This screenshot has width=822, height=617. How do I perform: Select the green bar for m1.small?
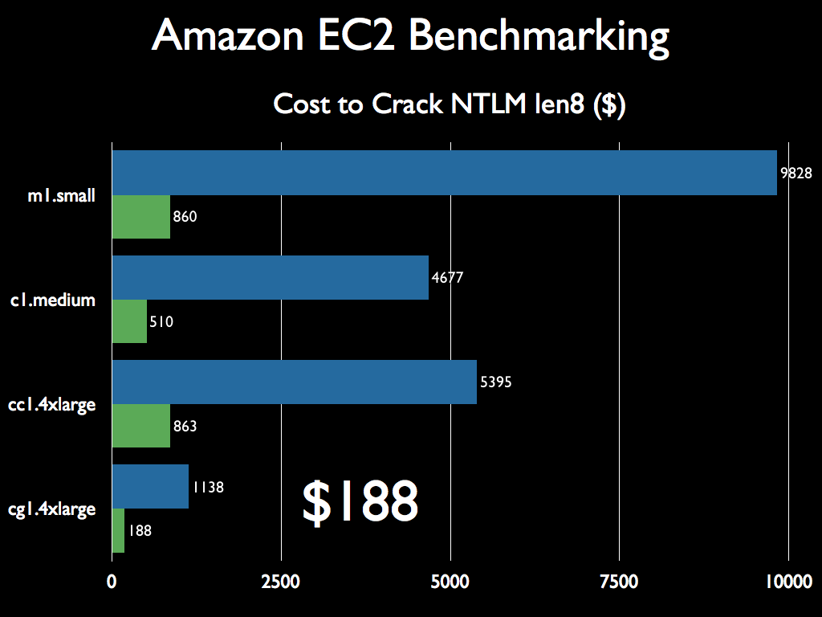[x=141, y=217]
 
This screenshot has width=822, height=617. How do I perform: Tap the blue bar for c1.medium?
[x=270, y=277]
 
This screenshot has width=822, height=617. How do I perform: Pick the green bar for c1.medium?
[x=129, y=321]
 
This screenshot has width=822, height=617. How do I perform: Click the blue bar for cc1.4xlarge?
[x=294, y=382]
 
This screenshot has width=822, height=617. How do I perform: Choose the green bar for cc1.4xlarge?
[x=141, y=426]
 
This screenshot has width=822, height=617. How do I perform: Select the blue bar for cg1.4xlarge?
[x=150, y=486]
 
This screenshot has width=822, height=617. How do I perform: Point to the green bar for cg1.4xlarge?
[x=118, y=530]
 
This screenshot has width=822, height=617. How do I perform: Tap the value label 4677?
[x=448, y=278]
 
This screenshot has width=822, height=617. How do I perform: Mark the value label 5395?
[x=495, y=382]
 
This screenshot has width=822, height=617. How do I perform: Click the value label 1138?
[x=207, y=487]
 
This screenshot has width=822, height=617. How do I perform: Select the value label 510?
[x=161, y=322]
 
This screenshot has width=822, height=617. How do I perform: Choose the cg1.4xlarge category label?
[x=52, y=509]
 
